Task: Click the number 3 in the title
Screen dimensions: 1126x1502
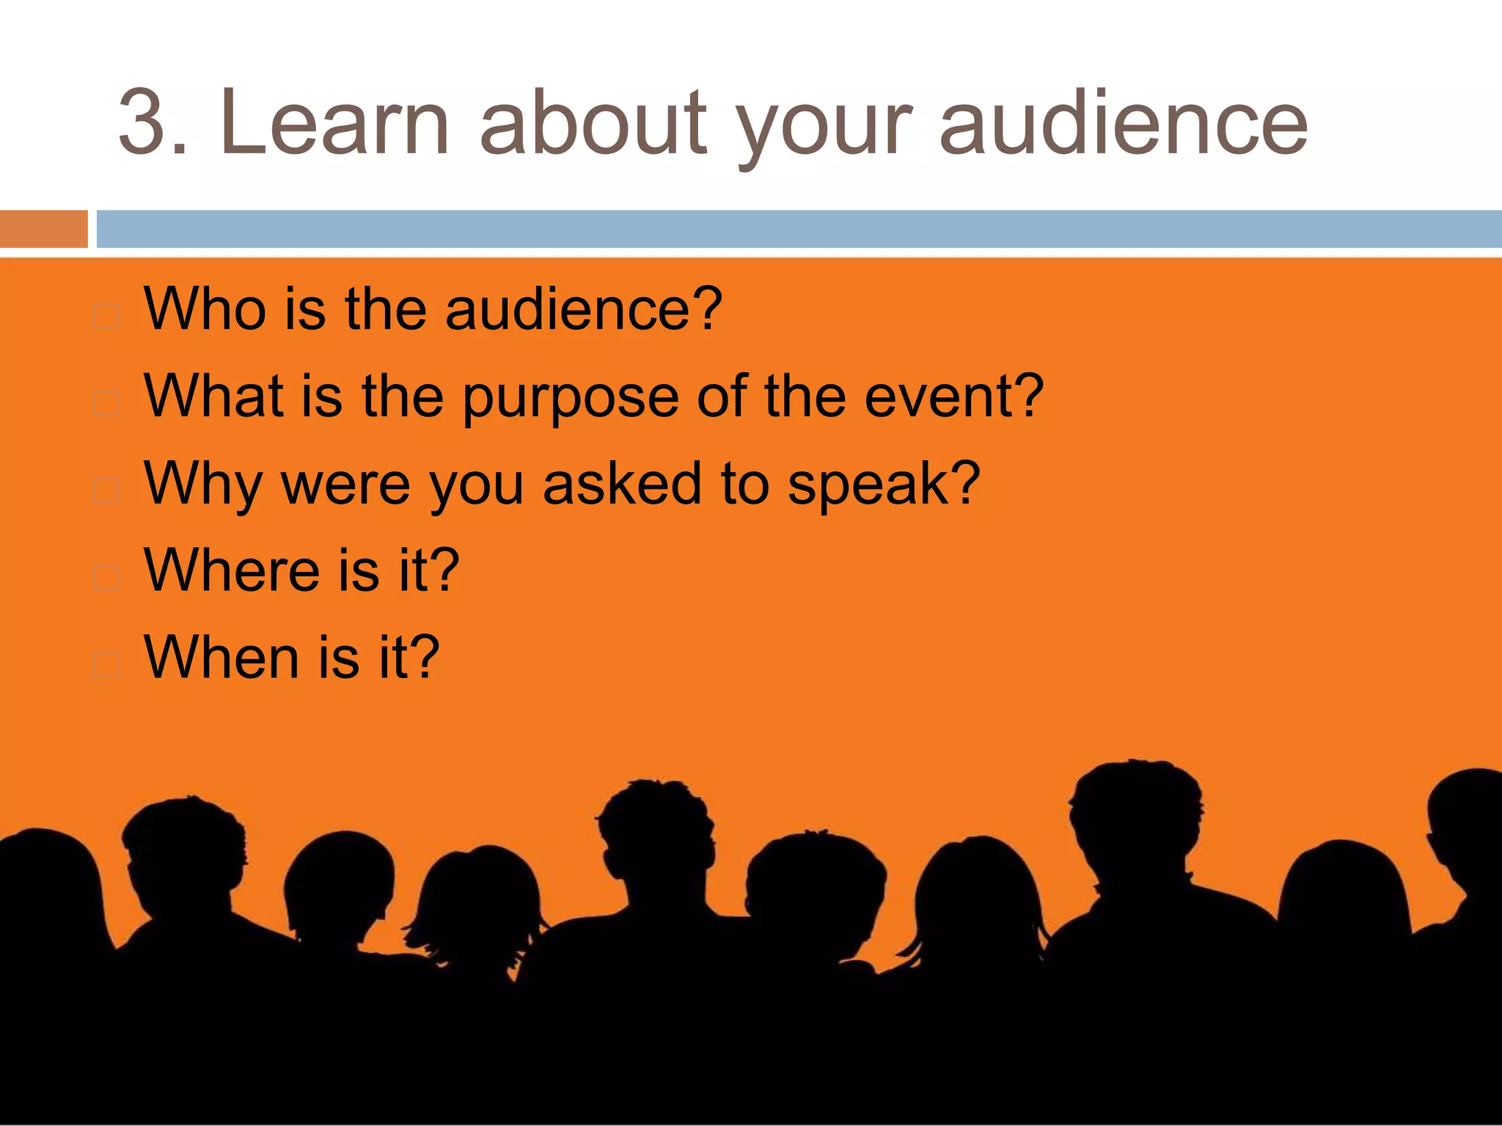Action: [144, 122]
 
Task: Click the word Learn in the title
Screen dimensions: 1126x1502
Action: [334, 122]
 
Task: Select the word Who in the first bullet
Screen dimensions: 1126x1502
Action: [205, 309]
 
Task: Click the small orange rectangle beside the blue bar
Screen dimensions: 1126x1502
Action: [43, 229]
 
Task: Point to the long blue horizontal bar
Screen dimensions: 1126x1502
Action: [799, 229]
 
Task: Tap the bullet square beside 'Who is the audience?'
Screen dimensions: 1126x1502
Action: [107, 317]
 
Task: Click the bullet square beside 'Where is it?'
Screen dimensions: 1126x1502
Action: [107, 578]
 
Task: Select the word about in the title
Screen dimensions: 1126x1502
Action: [593, 122]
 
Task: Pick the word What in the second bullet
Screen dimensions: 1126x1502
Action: [213, 397]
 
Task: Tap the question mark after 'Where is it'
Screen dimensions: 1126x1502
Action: [444, 569]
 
